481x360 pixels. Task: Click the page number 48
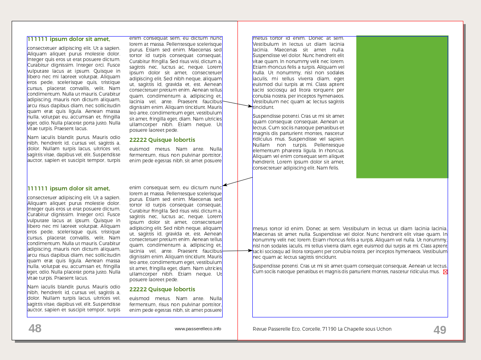35,329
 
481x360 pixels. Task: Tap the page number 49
440,330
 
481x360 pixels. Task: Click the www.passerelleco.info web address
198,329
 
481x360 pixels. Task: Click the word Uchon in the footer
384,329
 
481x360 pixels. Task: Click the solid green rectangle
402,107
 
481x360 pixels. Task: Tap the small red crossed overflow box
445,272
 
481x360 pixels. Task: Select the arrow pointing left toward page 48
237,182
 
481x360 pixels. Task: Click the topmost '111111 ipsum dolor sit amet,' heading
68,39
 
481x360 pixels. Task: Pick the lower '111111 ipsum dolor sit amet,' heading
68,188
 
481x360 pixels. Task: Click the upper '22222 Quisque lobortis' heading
162,140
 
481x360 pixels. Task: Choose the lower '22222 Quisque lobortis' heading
162,289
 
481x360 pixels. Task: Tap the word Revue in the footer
260,329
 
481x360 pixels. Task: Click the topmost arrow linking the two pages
237,104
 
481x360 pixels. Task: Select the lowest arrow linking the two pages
237,251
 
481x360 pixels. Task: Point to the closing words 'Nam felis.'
328,168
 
